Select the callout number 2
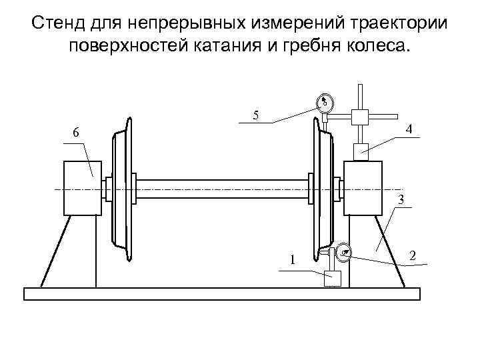414,256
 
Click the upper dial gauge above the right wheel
324,103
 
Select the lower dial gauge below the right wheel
344,251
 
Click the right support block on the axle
363,188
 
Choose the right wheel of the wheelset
321,189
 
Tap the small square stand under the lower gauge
332,277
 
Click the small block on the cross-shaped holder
360,116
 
